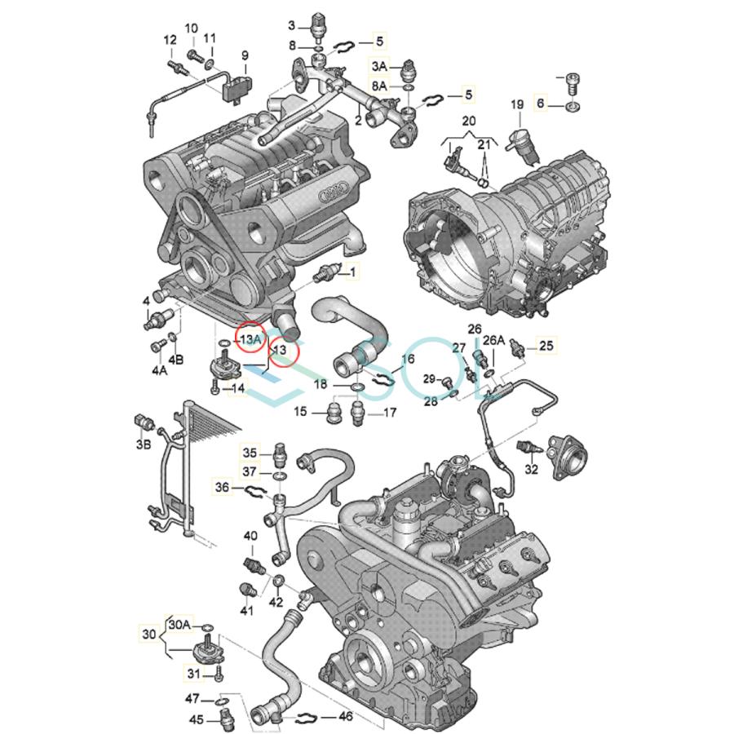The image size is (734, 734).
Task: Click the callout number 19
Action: pyautogui.click(x=517, y=104)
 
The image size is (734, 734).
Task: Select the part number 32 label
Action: pyautogui.click(x=531, y=469)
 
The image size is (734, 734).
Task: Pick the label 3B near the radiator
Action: pyautogui.click(x=144, y=444)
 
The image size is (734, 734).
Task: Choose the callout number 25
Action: pyautogui.click(x=545, y=347)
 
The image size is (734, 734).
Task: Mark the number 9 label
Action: pyautogui.click(x=244, y=55)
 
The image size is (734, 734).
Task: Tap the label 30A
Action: pyautogui.click(x=179, y=624)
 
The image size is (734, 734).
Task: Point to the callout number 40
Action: pyautogui.click(x=250, y=536)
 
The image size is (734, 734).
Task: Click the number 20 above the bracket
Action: pyautogui.click(x=467, y=120)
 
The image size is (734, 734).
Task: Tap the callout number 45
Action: pyautogui.click(x=197, y=719)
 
